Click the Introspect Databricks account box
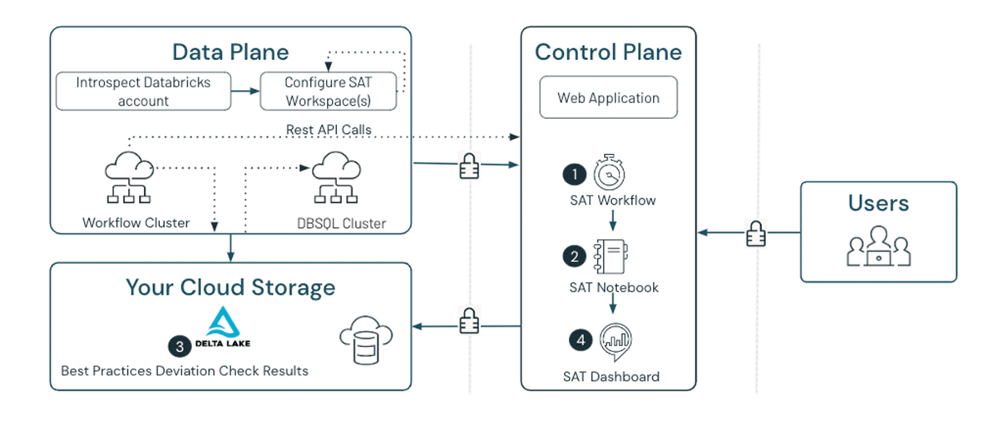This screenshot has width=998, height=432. pyautogui.click(x=144, y=92)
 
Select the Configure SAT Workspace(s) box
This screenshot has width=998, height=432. pyautogui.click(x=328, y=92)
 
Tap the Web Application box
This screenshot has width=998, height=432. pyautogui.click(x=609, y=98)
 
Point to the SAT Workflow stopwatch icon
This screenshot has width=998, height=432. pyautogui.click(x=610, y=173)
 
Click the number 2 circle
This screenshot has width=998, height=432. pyautogui.click(x=574, y=256)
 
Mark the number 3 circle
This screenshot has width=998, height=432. pyautogui.click(x=178, y=345)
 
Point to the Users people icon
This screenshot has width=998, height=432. pyautogui.click(x=878, y=246)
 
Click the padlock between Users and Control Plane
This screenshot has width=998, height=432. pyautogui.click(x=755, y=234)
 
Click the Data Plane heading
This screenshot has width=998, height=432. pyautogui.click(x=230, y=52)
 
